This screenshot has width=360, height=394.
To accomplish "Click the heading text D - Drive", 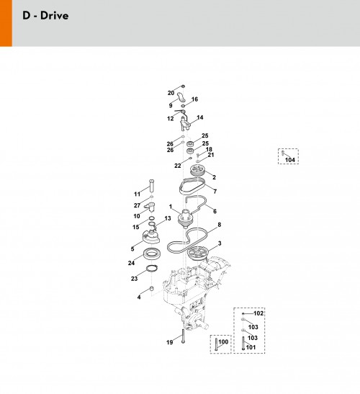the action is tap(45, 16).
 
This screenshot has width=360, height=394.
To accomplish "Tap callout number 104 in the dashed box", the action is tap(290, 160).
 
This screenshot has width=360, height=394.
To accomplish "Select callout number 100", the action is tap(223, 341).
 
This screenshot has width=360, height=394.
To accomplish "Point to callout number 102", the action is tap(258, 313).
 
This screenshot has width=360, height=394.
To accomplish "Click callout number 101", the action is tap(251, 347).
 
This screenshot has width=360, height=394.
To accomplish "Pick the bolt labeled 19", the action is tap(183, 336).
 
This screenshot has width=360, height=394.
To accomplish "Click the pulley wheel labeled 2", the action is tap(198, 171).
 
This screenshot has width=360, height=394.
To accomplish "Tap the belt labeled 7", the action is tap(192, 186).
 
